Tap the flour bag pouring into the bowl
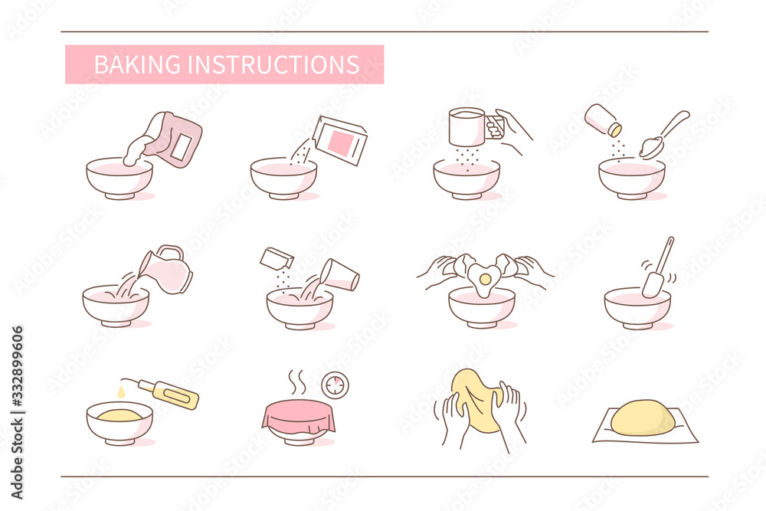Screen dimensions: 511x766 pos(175,140)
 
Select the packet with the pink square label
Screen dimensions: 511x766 pos(339,141)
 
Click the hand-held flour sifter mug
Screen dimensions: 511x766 pos(468,126)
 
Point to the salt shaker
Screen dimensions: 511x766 pos(602,120)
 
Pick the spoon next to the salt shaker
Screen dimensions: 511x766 pos(659,138)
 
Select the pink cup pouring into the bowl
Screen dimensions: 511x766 pos(340,274)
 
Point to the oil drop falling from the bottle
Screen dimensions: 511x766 pos(121,391)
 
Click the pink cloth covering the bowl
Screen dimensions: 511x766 pos(298,416)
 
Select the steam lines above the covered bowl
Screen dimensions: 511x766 pos(298,381)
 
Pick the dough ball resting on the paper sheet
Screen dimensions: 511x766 pos(642,418)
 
